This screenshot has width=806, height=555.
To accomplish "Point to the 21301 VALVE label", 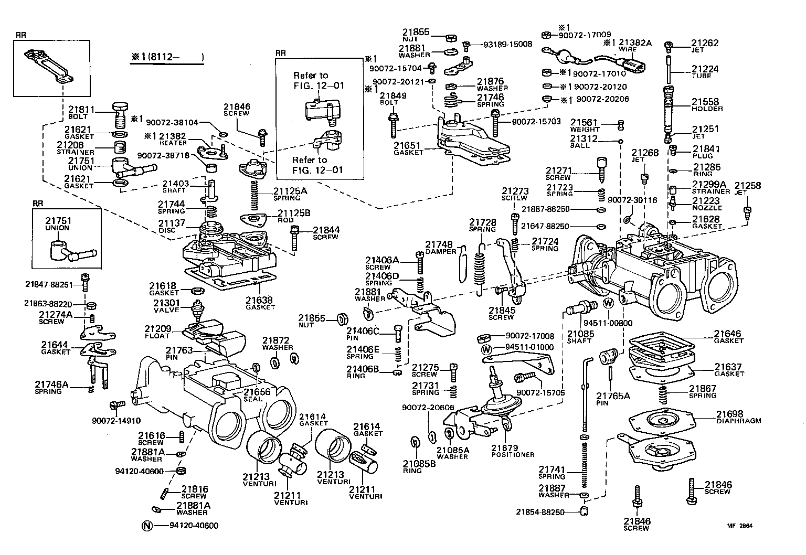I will tap(166, 306).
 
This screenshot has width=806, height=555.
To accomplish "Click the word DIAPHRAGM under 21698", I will tap(738, 421).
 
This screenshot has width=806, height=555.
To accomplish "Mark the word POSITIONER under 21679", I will tap(513, 454).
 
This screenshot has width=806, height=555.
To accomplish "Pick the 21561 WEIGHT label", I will tap(585, 125).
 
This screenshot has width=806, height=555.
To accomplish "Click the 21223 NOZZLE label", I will tap(707, 204).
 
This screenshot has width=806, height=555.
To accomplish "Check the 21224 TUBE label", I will tap(705, 72).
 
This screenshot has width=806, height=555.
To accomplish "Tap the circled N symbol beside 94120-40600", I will tap(147, 526).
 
